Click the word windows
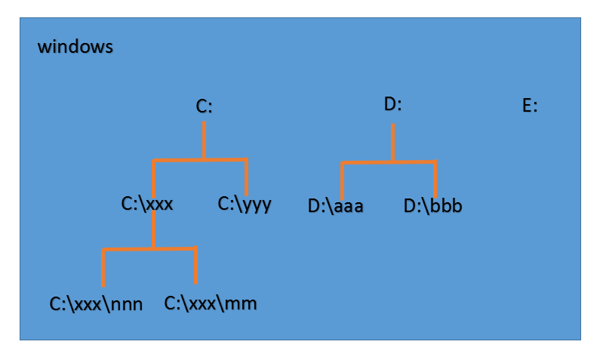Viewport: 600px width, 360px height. (x=75, y=47)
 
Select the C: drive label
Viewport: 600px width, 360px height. (x=204, y=106)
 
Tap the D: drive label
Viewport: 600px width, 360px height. (x=392, y=104)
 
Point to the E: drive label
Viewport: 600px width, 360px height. (x=530, y=105)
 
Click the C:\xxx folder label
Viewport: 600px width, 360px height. (x=147, y=204)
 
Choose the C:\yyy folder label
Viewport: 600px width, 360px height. (x=245, y=205)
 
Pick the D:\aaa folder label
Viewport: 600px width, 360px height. (x=335, y=206)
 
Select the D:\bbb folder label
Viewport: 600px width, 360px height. (x=432, y=205)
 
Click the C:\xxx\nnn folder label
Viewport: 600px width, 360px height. (x=96, y=304)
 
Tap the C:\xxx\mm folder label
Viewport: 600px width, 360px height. (x=211, y=303)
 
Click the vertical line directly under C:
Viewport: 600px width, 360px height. (x=204, y=140)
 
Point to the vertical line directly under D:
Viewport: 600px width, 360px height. (x=392, y=143)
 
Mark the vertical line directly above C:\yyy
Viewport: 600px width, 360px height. (x=247, y=177)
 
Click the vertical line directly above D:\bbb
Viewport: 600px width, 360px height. (x=435, y=179)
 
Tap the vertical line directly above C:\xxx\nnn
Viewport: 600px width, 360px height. (x=103, y=268)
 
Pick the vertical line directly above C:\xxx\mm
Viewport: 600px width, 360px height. (x=196, y=265)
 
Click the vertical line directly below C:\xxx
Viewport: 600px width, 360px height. (x=153, y=229)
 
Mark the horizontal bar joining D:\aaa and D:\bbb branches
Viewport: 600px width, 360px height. (x=389, y=162)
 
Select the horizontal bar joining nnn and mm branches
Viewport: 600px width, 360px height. (x=149, y=249)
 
